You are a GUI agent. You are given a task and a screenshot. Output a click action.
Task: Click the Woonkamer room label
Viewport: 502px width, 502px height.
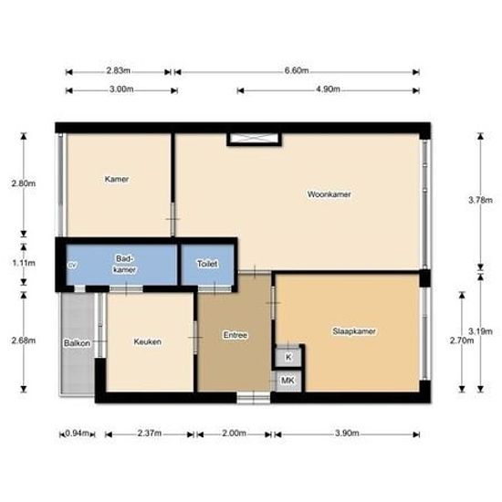329,194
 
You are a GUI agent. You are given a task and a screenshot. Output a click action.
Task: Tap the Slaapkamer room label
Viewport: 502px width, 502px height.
355,331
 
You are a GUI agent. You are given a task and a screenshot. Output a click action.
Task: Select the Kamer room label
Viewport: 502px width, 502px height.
117,179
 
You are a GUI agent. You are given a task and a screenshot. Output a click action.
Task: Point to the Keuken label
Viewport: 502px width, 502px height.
148,342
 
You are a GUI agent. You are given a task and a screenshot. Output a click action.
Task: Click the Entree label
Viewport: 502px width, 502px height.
235,335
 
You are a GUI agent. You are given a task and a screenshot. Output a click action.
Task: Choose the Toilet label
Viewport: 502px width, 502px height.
207,264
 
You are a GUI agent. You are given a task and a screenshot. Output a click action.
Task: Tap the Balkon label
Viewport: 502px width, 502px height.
75,343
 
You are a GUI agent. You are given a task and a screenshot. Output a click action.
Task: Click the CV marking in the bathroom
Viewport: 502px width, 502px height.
72,266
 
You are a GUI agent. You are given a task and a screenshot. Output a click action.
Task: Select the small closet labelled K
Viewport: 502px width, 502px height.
288,357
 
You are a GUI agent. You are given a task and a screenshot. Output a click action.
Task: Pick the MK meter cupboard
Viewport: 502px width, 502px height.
288,379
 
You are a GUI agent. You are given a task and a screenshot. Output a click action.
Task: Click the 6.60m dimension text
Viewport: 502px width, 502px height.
297,70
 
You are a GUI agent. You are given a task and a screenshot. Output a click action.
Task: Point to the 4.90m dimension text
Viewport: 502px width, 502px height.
328,89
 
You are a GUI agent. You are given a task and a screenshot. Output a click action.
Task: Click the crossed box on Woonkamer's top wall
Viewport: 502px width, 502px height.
255,140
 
